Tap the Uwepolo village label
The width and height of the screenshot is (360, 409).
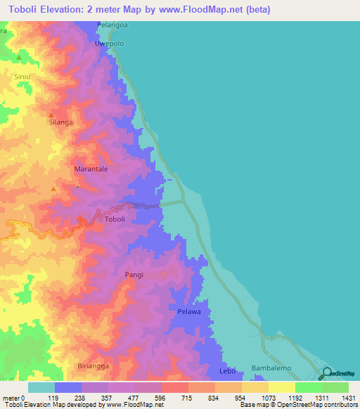(x=110, y=43)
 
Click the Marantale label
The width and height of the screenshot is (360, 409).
(x=91, y=169)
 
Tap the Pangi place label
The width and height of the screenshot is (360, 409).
(x=134, y=275)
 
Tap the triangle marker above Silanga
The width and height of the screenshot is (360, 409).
(x=51, y=114)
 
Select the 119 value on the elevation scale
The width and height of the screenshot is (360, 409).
(x=53, y=398)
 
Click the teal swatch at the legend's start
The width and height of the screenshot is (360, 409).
(x=41, y=387)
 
